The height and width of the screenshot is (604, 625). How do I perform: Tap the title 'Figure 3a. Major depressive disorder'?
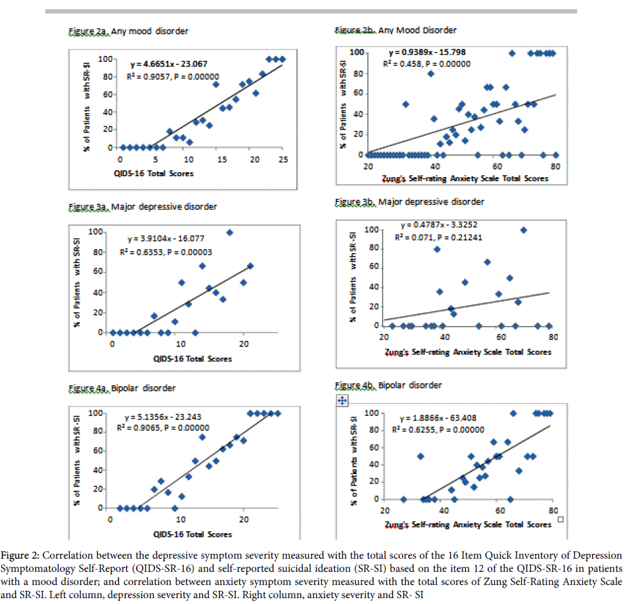(x=143, y=206)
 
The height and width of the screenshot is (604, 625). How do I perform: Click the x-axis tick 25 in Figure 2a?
(x=283, y=160)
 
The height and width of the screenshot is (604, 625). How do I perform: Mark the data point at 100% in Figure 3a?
(x=229, y=232)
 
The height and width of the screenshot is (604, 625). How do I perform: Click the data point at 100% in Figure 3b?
(x=524, y=229)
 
